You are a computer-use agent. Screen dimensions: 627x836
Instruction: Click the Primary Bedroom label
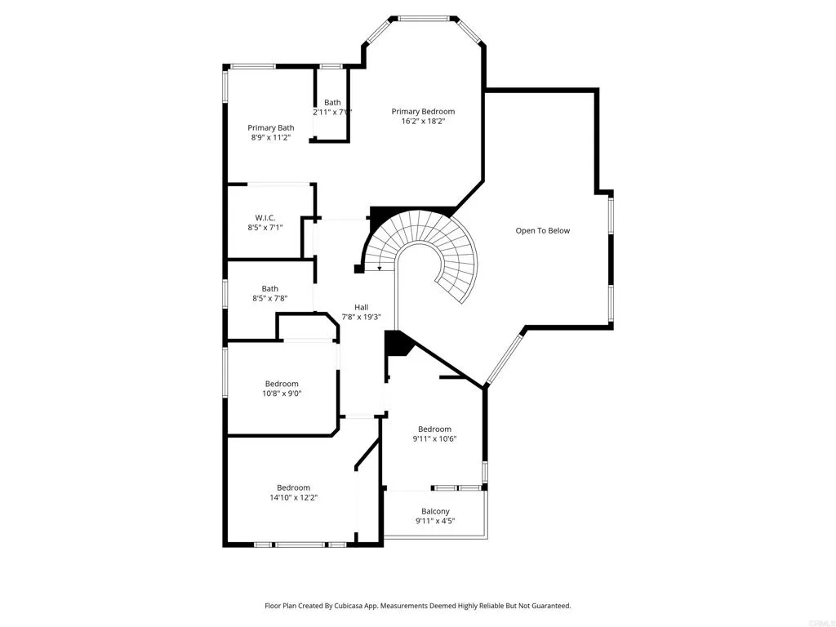point(423,112)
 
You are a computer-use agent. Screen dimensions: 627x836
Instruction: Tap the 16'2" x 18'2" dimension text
point(423,122)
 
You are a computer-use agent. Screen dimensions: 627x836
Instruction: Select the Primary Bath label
point(271,127)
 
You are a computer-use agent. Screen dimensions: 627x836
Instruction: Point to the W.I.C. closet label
point(265,218)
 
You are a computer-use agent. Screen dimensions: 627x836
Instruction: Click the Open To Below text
point(543,231)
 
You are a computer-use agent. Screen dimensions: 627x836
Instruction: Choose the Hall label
point(361,307)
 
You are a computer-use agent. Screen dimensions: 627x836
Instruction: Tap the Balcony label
point(435,512)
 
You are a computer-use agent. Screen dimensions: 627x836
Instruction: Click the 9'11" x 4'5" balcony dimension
point(435,522)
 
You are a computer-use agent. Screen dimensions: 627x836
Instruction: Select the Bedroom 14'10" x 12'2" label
point(293,487)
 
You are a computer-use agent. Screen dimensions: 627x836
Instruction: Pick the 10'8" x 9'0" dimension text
point(282,393)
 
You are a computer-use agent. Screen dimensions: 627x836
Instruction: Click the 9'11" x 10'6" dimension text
point(434,438)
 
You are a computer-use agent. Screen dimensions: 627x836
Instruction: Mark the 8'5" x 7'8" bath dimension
point(269,299)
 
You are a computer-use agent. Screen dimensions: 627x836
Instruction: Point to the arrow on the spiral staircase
point(379,267)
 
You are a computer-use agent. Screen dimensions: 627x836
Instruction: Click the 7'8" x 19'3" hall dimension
point(361,317)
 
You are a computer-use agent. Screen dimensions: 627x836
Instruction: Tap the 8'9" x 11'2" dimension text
point(271,137)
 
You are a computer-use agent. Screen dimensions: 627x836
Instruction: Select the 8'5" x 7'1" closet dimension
point(265,228)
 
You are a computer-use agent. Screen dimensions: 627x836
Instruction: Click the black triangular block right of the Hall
point(397,343)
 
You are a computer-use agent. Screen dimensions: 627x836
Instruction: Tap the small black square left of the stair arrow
point(358,269)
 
